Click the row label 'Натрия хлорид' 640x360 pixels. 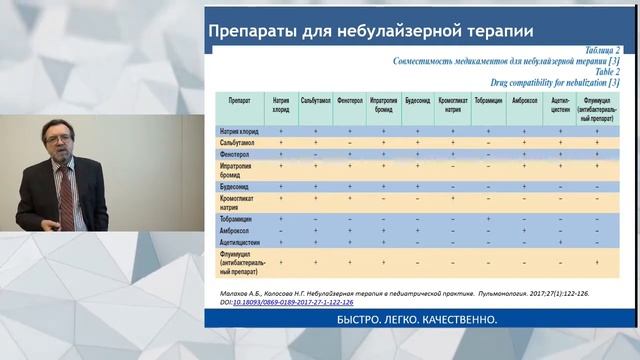pos(240,131)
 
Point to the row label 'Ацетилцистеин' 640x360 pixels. pos(242,242)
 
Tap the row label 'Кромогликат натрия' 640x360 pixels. pos(240,201)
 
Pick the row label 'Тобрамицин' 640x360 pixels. pos(239,218)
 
